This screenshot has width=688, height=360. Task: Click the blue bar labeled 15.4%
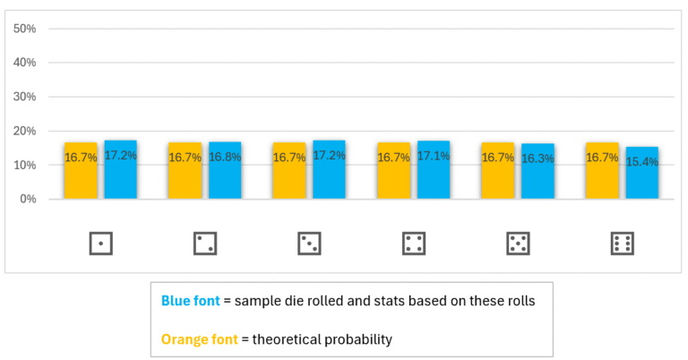641,173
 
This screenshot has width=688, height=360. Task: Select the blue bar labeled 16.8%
225,170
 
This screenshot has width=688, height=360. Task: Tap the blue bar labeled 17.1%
434,170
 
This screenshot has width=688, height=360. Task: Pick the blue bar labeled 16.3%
537,171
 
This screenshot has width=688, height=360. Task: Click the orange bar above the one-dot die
80,170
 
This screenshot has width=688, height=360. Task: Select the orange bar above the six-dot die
601,170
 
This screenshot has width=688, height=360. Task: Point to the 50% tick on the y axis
24,29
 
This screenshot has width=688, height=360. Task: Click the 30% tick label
24,97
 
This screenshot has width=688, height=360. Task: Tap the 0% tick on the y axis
28,199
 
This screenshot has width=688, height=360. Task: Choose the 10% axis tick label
24,165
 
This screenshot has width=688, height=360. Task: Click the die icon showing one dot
101,243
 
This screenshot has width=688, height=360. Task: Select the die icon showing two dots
205,243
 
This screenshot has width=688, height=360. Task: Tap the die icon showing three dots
309,243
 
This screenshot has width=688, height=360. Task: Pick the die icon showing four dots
414,243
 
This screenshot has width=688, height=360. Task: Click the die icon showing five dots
518,243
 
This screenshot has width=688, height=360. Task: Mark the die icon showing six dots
622,243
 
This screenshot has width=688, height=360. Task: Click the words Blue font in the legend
190,301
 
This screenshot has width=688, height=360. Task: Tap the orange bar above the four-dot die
392,170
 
